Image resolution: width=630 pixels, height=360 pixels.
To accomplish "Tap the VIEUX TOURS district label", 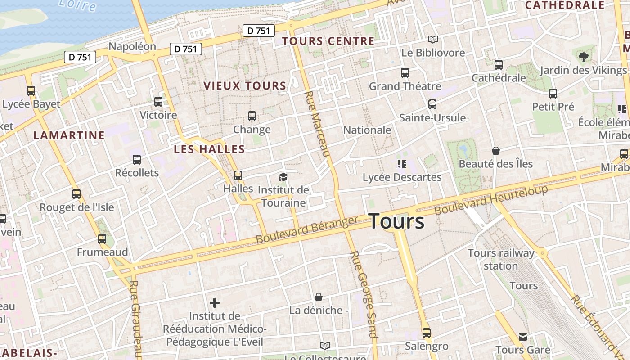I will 245,85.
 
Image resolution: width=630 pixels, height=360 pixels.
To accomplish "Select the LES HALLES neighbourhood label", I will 209,149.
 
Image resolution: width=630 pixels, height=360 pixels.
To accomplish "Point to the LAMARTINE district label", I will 69,135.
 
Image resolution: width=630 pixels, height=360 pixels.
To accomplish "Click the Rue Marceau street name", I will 318,124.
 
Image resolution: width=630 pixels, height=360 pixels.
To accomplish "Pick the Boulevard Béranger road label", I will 307,229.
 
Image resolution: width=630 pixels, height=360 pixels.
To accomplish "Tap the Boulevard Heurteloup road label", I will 491,199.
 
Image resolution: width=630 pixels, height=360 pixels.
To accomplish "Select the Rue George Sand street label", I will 364,294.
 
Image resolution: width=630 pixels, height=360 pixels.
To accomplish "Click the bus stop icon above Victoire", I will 158,102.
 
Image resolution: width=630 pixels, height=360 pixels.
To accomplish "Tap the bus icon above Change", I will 252,116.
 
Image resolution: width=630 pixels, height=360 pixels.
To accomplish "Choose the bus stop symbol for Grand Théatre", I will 405,72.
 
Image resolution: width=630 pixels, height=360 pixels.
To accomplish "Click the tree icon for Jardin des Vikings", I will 584,57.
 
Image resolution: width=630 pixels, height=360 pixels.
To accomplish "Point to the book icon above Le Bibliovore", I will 432,40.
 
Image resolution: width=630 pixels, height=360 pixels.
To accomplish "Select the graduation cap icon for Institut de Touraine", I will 283,177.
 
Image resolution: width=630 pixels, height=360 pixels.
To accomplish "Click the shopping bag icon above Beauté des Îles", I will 495,150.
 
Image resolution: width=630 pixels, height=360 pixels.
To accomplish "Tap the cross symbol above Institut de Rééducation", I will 215,302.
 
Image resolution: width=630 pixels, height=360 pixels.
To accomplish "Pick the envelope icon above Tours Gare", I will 522,337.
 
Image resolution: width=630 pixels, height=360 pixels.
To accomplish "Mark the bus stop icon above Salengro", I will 426,333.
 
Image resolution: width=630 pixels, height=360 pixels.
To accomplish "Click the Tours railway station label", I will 501,259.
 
